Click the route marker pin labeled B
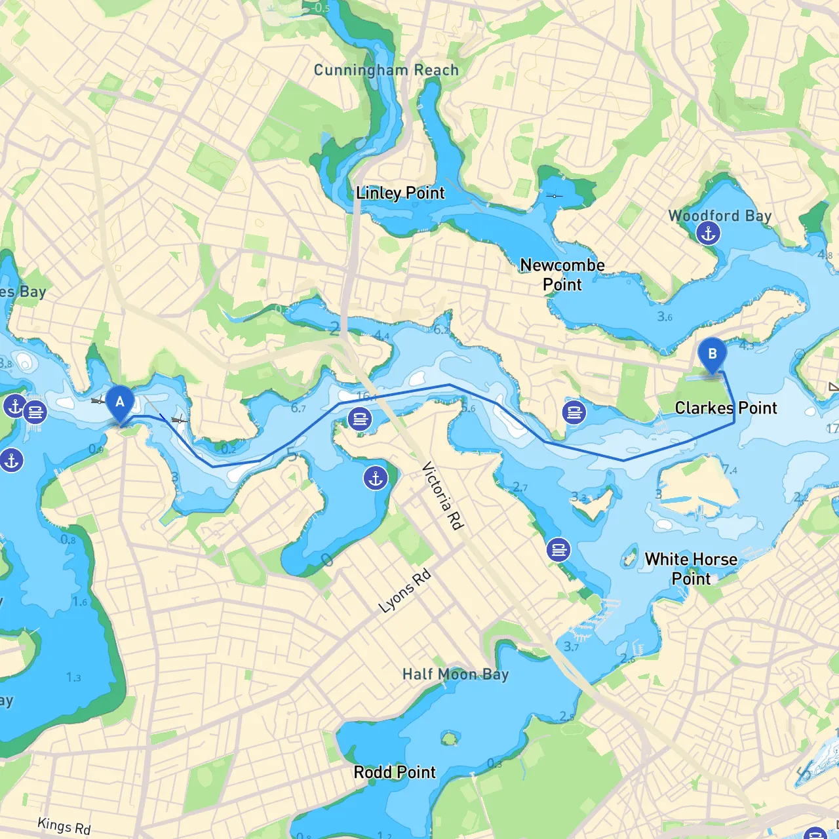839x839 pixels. pyautogui.click(x=712, y=354)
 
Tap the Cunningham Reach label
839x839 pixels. pyautogui.click(x=386, y=70)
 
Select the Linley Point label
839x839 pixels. pyautogui.click(x=400, y=193)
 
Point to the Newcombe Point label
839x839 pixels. pyautogui.click(x=562, y=275)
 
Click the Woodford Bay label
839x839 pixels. pyautogui.click(x=720, y=215)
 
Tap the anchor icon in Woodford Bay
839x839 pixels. pyautogui.click(x=708, y=233)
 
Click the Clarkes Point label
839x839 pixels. pyautogui.click(x=726, y=408)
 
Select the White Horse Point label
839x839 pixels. pyautogui.click(x=691, y=568)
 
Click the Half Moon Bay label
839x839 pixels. pyautogui.click(x=456, y=674)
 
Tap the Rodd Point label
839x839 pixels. pyautogui.click(x=395, y=772)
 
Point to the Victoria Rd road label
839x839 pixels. pyautogui.click(x=443, y=496)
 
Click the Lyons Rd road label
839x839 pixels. pyautogui.click(x=405, y=591)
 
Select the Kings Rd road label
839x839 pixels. pyautogui.click(x=64, y=825)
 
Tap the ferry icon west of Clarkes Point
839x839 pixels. pyautogui.click(x=574, y=412)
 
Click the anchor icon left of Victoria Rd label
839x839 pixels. pyautogui.click(x=376, y=478)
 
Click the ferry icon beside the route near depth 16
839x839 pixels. pyautogui.click(x=360, y=418)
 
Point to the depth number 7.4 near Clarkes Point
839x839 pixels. pyautogui.click(x=730, y=470)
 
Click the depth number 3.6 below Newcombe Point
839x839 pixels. pyautogui.click(x=665, y=317)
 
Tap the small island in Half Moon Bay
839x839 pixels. pyautogui.click(x=449, y=739)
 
